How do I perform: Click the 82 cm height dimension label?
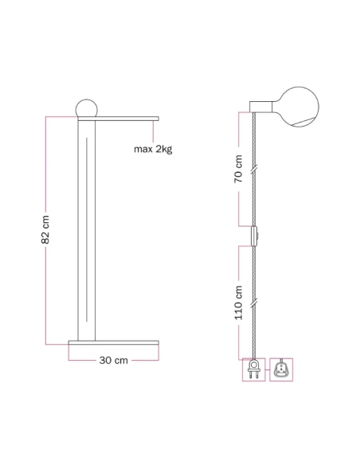[45, 229]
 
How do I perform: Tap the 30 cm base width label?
[114, 361]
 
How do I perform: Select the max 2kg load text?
[153, 149]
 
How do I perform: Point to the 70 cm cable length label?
[238, 169]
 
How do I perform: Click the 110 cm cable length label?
[238, 303]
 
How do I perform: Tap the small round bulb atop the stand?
[86, 108]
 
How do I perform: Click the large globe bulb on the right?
[299, 107]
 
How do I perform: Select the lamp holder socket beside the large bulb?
[261, 107]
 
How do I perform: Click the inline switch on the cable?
[254, 236]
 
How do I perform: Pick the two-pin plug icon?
[253, 369]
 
